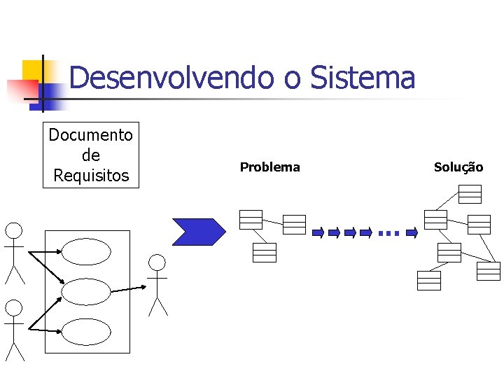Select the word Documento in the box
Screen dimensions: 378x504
coord(90,134)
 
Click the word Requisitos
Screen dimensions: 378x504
coord(91,175)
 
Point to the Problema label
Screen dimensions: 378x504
coord(269,167)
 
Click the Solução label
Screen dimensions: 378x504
coord(458,167)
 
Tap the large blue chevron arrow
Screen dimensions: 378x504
coord(199,232)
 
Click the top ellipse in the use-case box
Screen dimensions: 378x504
coord(86,251)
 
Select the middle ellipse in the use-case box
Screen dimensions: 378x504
coord(86,292)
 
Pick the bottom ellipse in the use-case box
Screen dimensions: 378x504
coord(86,331)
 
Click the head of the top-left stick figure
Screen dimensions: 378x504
coord(14,230)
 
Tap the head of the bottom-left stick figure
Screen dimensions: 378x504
coord(14,307)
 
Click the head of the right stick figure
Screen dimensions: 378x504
coord(158,262)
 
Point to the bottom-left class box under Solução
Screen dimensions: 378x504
coord(428,280)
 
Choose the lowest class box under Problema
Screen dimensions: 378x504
coord(265,252)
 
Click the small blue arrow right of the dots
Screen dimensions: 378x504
coord(412,232)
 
